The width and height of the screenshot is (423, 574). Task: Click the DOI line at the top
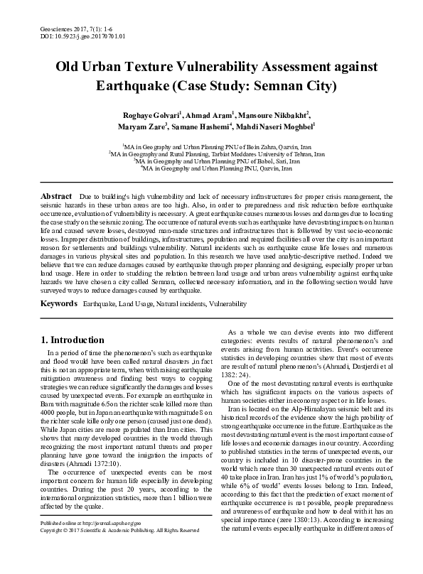pos(79,34)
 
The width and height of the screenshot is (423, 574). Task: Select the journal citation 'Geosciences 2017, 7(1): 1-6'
pos(77,26)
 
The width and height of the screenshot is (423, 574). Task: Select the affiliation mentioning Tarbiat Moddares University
pos(216,153)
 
